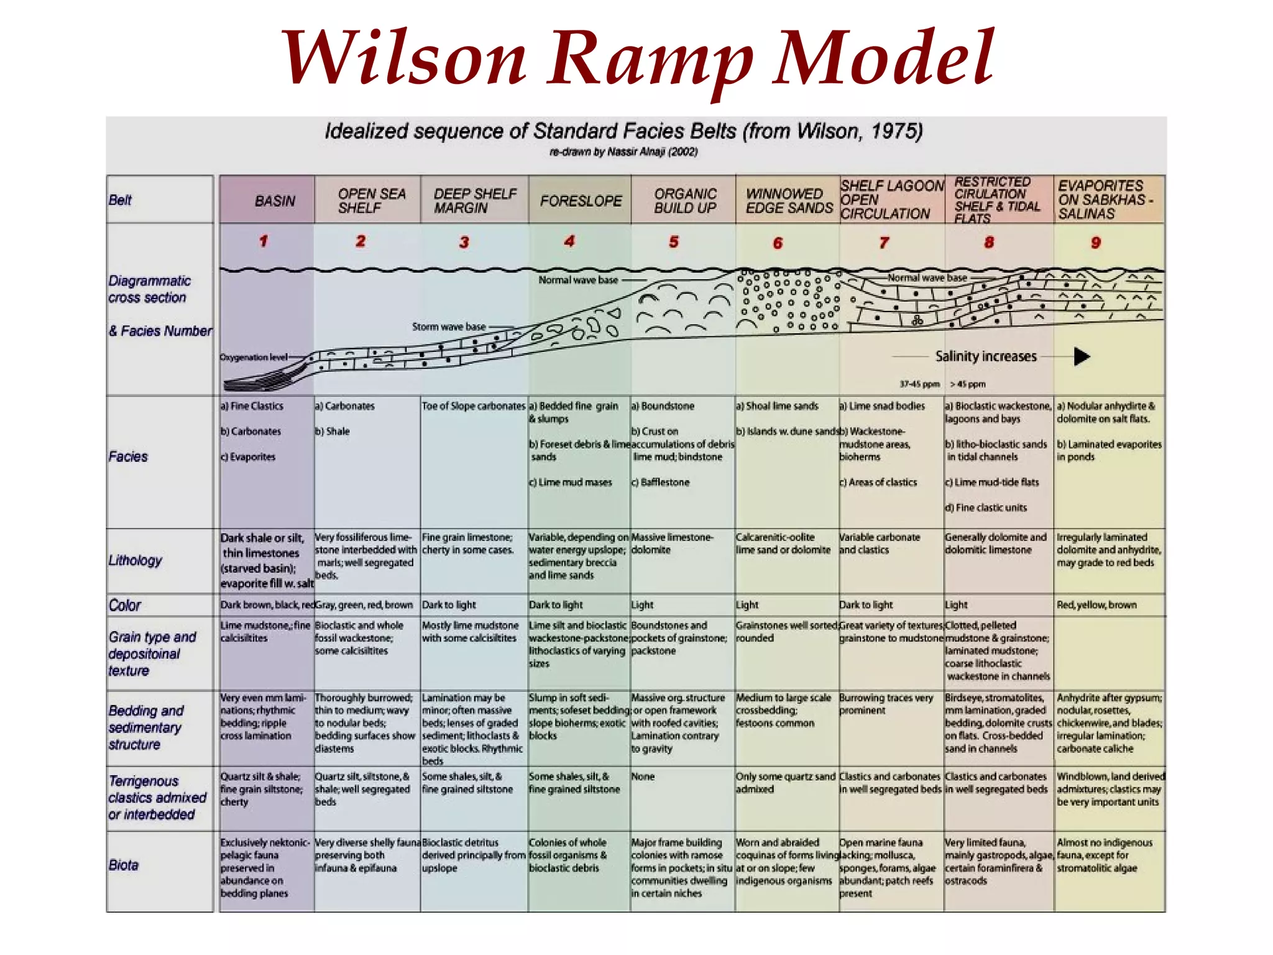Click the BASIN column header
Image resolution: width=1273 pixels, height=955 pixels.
tap(274, 201)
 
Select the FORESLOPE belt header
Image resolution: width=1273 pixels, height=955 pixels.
tap(581, 201)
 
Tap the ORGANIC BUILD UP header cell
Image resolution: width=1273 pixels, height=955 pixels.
tap(685, 201)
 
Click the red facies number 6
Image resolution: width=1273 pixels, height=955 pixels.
tap(778, 243)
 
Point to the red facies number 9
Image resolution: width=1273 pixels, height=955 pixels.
tap(1096, 242)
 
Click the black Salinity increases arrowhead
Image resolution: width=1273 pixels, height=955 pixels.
tap(1082, 357)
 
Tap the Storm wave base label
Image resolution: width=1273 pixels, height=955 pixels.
tap(448, 326)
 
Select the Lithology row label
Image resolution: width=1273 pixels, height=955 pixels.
tap(135, 560)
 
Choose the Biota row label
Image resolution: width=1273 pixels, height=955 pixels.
tap(123, 865)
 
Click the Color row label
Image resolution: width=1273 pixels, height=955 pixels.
tap(124, 605)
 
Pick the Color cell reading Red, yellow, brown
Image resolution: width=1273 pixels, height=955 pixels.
tap(1096, 605)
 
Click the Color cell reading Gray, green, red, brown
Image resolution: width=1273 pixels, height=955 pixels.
tap(364, 605)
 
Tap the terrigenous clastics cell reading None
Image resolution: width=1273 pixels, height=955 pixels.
tap(643, 777)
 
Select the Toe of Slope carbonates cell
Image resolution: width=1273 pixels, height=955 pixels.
tap(474, 406)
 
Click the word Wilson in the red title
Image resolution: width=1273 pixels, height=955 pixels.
tap(404, 59)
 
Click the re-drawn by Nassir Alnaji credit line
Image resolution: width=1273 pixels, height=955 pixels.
tap(623, 152)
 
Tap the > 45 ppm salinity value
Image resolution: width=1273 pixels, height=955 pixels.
tap(968, 384)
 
